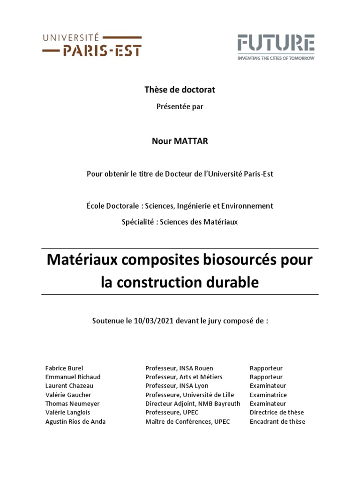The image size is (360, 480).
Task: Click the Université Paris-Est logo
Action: pos(92,45)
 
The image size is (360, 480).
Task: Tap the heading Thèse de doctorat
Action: pos(180,89)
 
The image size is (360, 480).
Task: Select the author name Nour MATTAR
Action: pos(180,142)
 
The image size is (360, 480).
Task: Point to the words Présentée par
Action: pos(180,106)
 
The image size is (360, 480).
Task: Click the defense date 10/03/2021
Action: pos(150,321)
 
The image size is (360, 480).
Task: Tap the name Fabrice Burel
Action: pos(64,368)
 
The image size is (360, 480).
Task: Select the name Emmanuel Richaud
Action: pos(73,377)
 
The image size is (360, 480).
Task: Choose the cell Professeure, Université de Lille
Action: pos(189,395)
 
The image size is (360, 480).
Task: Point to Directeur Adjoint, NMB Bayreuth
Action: pos(193,404)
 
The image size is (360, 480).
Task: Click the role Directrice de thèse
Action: pos(277,412)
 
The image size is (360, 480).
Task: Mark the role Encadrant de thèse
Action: pos(277,421)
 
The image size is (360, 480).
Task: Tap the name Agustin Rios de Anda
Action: pos(75,421)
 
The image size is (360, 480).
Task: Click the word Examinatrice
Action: pos(268,395)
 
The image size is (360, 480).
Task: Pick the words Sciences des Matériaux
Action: pos(199,222)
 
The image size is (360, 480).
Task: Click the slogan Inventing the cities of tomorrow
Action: pos(276,58)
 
